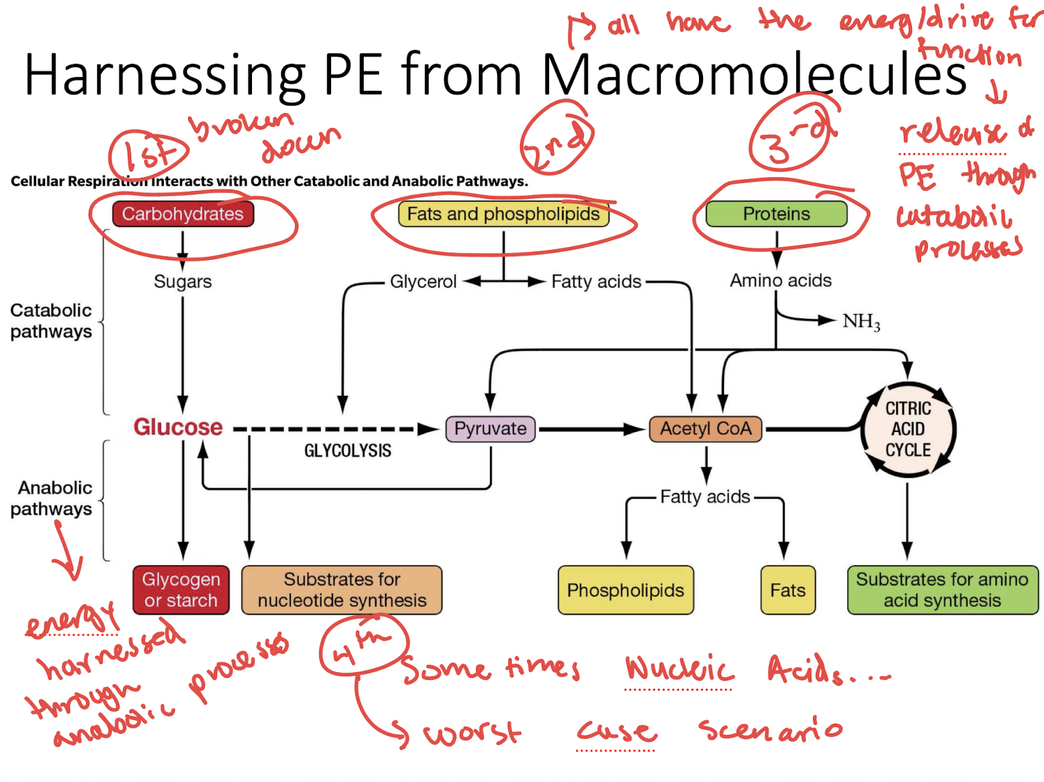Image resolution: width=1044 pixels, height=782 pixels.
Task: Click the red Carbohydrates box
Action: click(183, 214)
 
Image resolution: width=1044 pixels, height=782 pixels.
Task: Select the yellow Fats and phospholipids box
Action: click(503, 214)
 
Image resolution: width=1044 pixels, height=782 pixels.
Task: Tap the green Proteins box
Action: click(776, 214)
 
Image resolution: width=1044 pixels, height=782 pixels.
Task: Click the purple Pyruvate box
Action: click(490, 429)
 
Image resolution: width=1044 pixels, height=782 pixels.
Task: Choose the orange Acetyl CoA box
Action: click(705, 429)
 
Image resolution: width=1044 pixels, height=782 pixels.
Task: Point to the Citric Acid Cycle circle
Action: click(908, 429)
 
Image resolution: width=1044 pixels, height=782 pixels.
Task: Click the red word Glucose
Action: click(178, 427)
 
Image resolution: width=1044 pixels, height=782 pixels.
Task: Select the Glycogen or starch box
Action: click(181, 590)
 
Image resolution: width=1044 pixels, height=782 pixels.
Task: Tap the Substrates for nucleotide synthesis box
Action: click(342, 590)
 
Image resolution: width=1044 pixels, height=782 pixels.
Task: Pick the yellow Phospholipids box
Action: click(625, 590)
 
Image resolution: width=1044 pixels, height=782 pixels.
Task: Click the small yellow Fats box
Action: click(788, 590)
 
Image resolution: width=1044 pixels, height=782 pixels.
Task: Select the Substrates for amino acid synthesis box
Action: click(942, 590)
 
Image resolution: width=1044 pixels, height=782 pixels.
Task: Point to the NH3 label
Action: click(861, 322)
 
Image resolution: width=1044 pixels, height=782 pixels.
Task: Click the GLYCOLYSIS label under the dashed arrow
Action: click(347, 451)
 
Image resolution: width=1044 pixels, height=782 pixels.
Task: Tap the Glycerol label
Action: click(423, 281)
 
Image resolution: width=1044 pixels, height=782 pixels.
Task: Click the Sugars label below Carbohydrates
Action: click(183, 281)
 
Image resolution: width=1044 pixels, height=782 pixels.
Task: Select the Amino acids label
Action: click(780, 281)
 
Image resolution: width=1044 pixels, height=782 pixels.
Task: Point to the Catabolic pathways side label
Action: click(51, 321)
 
